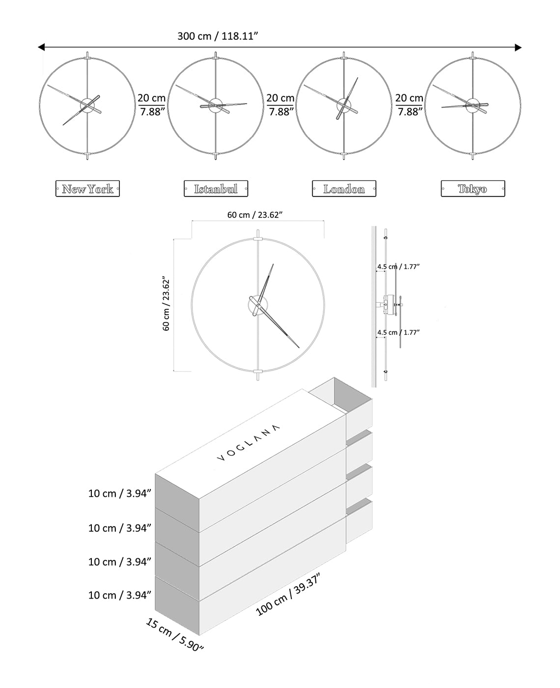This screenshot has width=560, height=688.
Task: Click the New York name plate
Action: pos(87,189)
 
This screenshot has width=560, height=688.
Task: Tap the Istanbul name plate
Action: pos(216,189)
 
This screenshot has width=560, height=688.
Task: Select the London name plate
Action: pos(344,189)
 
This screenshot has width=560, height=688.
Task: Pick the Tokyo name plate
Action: pos(473,189)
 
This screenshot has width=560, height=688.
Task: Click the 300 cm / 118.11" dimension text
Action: pos(218,36)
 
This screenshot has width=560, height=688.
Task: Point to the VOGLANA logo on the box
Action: pos(249,443)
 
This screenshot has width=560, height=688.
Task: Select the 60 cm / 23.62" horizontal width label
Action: pos(254,215)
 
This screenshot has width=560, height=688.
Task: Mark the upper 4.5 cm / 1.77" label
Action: pos(398,267)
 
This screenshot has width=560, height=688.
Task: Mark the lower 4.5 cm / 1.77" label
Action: pos(398,333)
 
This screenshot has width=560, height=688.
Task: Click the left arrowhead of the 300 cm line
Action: pos(41,47)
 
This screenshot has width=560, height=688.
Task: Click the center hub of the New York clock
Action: pos(87,105)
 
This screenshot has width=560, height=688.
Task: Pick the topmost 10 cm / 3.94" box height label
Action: pos(119,493)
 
